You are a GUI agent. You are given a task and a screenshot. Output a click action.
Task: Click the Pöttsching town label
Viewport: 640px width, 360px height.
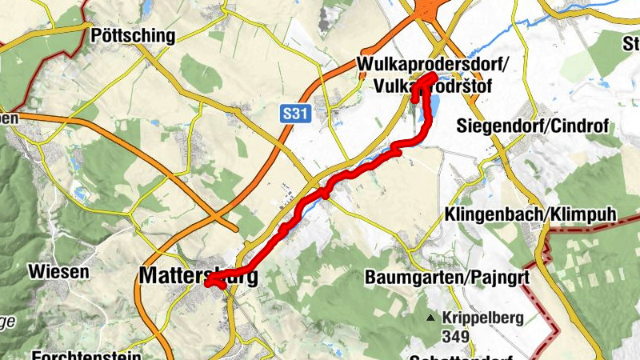pos(133,35)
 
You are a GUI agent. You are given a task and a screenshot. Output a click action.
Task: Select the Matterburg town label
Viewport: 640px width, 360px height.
pos(198,276)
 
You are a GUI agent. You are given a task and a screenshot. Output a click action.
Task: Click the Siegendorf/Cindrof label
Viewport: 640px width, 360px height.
pos(532,126)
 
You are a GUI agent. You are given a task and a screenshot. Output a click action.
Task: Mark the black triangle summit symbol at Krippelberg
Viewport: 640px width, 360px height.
pos(431,318)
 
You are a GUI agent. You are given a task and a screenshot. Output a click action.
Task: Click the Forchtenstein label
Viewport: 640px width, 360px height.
pos(87,354)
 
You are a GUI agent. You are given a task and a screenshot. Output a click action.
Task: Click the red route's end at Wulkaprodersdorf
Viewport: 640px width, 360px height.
pos(433,77)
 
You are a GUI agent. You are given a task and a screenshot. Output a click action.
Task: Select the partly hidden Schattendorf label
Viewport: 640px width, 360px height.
pos(460,355)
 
